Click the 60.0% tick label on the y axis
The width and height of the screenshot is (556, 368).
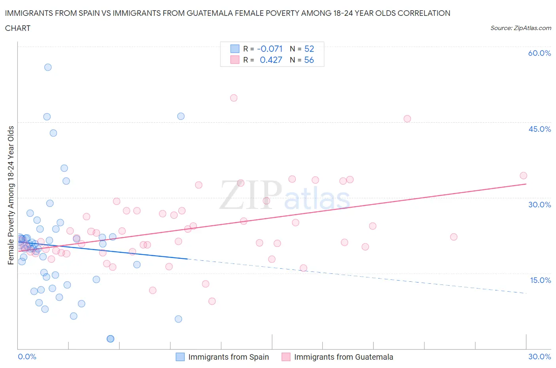539,53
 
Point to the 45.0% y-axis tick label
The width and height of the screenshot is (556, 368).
539,129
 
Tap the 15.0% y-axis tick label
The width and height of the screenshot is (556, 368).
540,280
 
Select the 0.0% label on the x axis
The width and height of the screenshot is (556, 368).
27,357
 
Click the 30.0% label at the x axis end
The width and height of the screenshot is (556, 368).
539,357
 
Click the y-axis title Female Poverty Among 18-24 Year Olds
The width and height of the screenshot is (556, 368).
11,195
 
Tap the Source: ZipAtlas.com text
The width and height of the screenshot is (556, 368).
520,28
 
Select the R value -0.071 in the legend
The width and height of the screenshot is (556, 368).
270,49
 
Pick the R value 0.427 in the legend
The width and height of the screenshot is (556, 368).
271,60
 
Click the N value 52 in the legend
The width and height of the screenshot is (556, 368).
309,49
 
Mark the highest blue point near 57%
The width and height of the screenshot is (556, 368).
48,67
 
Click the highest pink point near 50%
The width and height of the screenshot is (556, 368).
234,98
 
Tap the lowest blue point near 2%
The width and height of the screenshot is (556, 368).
110,339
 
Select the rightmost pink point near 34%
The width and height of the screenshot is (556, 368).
523,176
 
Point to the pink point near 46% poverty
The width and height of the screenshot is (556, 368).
407,119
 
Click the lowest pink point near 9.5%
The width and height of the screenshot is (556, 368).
212,301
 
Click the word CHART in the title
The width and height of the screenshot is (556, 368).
18,28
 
